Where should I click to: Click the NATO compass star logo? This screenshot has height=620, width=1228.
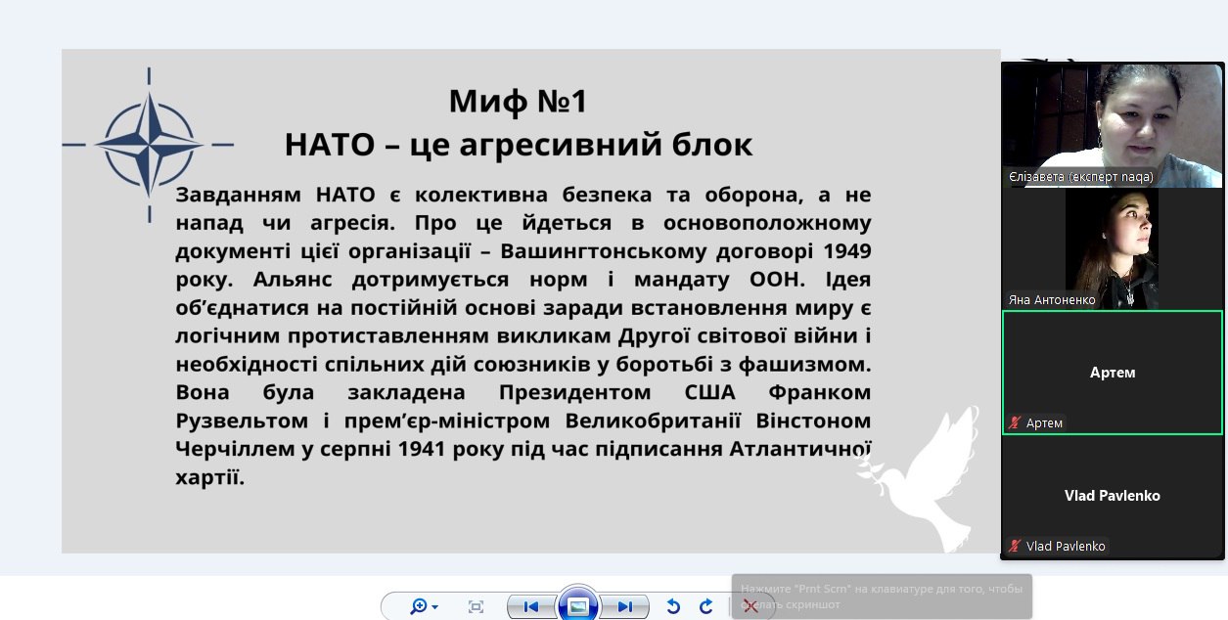click(x=149, y=145)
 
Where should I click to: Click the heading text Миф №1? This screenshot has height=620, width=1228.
click(x=518, y=102)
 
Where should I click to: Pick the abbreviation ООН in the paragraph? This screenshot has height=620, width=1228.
click(x=777, y=280)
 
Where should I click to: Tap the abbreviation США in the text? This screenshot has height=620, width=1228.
click(x=710, y=393)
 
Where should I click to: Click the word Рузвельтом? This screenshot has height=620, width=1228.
click(x=242, y=421)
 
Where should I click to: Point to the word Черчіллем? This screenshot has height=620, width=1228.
click(x=235, y=449)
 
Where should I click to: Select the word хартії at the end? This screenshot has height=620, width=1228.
click(x=209, y=477)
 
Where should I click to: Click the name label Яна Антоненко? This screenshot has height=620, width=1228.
click(x=1052, y=300)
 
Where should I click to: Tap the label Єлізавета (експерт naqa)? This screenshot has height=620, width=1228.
click(x=1080, y=177)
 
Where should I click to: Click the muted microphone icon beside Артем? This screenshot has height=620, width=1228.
click(x=1015, y=422)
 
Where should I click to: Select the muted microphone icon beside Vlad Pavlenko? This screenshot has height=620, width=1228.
click(x=1015, y=546)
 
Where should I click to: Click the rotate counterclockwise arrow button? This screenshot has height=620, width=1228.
click(x=673, y=606)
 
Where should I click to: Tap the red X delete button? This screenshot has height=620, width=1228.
click(x=750, y=605)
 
